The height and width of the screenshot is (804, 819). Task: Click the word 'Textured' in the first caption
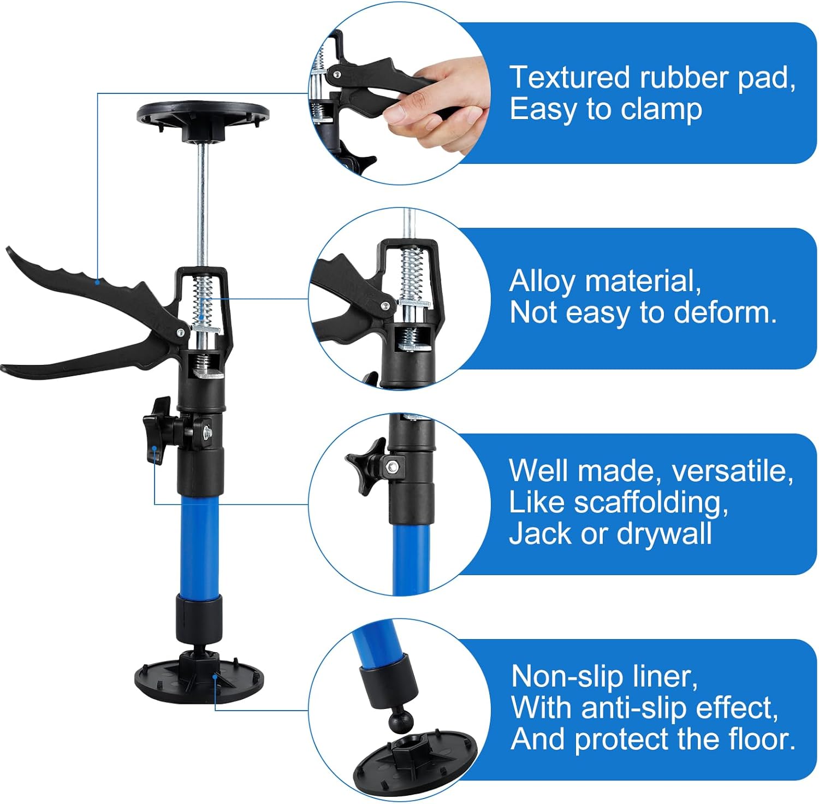[569, 77]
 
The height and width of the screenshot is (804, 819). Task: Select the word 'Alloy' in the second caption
[542, 282]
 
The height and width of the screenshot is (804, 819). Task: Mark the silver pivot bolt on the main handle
[180, 332]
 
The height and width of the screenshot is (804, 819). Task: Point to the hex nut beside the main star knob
[207, 431]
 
